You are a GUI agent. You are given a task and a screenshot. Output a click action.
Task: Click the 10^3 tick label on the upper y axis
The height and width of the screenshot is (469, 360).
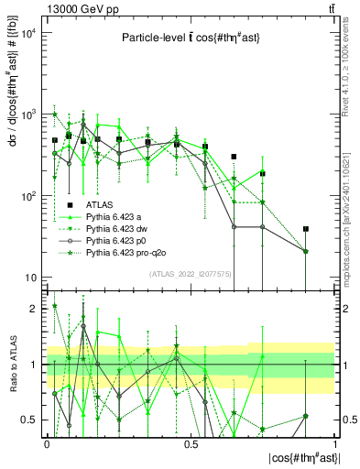[x=27, y=115]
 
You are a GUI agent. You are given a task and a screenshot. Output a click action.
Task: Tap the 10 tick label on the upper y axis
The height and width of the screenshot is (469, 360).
[x=30, y=278]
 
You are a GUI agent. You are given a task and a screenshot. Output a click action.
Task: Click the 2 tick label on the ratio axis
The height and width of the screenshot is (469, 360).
[x=34, y=309]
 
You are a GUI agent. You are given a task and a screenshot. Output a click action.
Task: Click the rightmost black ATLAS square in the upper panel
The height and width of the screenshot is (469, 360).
[x=306, y=229]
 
